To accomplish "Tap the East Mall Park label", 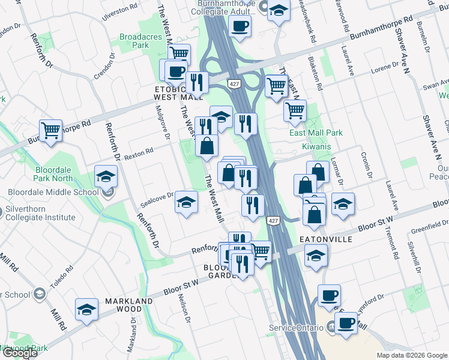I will pos(316,133).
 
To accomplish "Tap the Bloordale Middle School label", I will pos(53,193).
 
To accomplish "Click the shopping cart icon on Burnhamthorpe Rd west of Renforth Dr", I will pos(51,130).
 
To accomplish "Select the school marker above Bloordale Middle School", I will pos(106,176).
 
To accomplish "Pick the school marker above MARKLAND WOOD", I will pos(87,310).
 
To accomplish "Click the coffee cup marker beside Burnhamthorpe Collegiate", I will pos(240,26).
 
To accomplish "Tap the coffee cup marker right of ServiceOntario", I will pos(345,323).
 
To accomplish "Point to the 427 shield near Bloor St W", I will pos(274,221).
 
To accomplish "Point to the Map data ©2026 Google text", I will pos(411,355).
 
